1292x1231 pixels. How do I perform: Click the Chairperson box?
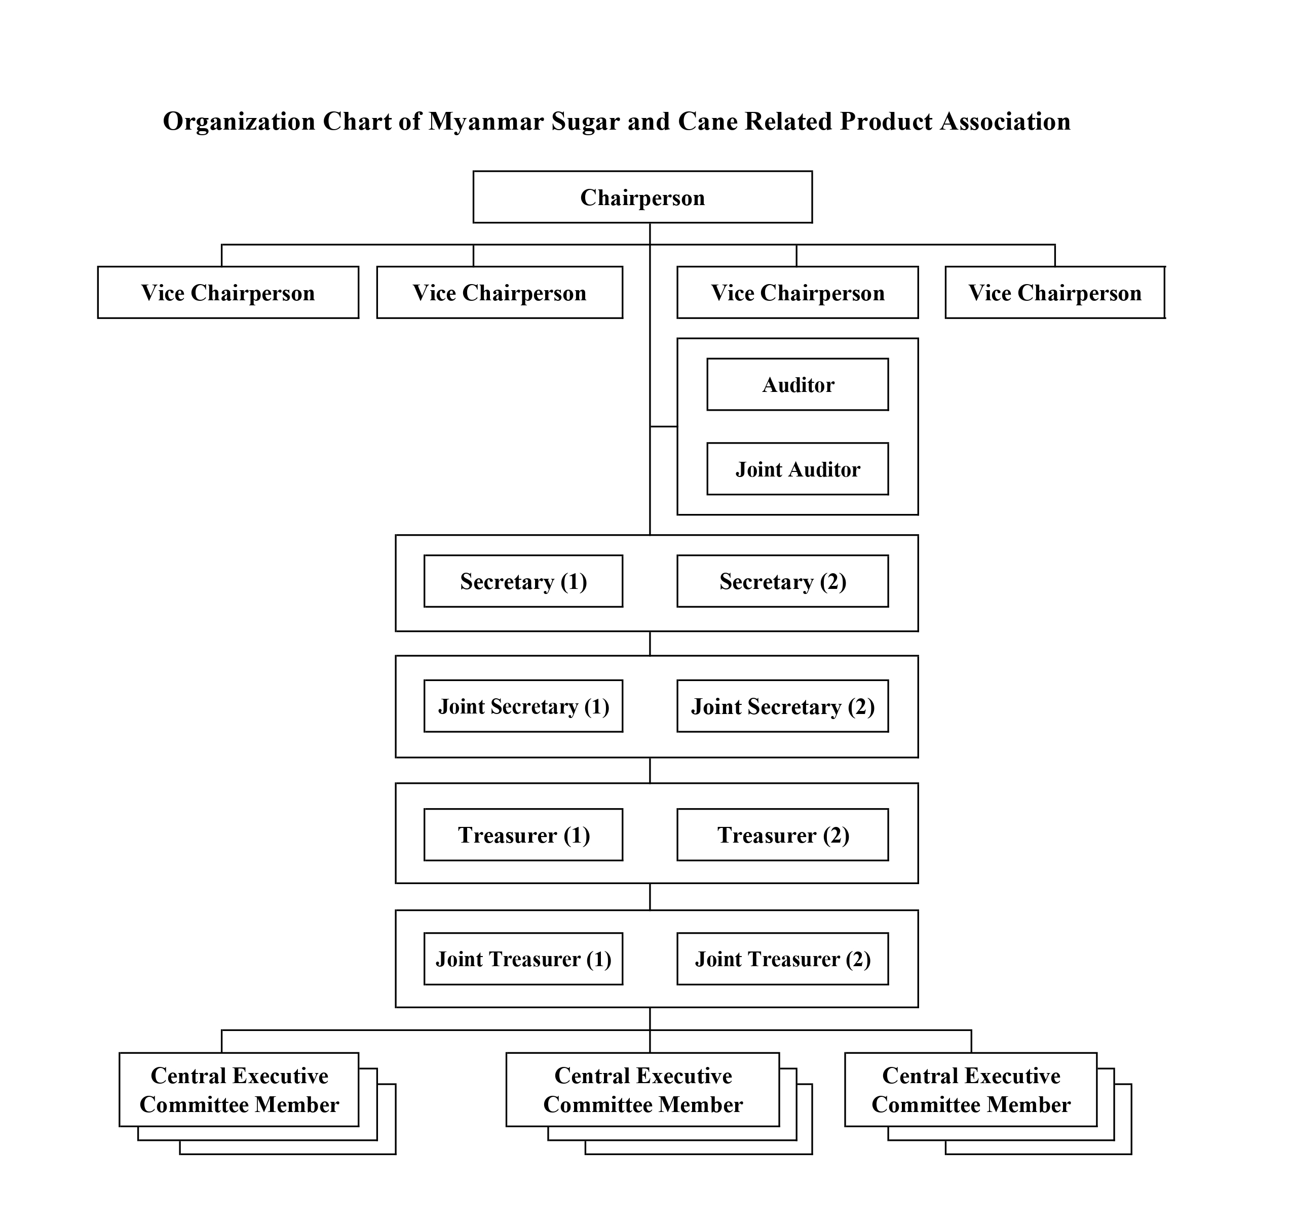point(642,197)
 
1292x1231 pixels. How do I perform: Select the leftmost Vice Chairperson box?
point(228,293)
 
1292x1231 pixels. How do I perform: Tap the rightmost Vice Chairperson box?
point(1054,293)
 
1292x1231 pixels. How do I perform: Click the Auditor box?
point(797,384)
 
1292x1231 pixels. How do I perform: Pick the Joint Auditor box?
point(797,469)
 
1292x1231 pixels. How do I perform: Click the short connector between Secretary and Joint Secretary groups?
point(650,644)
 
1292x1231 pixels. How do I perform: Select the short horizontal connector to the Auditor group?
point(663,426)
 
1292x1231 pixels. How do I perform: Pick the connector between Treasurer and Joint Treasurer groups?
point(650,897)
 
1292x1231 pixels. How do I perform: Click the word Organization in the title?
point(239,122)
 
